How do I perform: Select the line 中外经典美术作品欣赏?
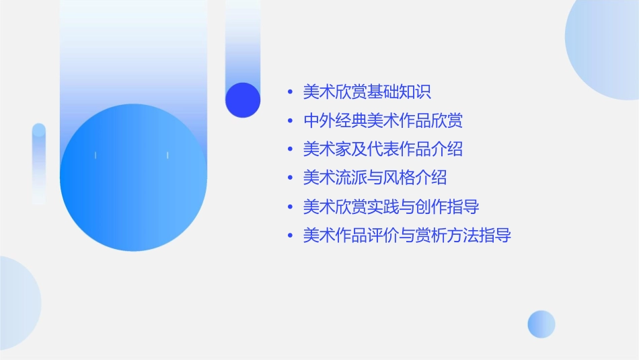click(x=383, y=120)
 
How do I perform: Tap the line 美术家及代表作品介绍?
click(x=383, y=149)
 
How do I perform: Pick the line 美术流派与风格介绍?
click(x=375, y=178)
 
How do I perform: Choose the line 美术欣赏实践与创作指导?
click(x=391, y=207)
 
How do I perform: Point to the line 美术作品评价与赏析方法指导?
click(x=407, y=236)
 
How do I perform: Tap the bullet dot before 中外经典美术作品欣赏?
click(x=290, y=121)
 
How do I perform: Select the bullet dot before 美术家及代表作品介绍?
click(x=290, y=149)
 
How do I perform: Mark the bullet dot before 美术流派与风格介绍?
click(x=290, y=178)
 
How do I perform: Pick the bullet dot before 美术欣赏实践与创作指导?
click(x=290, y=207)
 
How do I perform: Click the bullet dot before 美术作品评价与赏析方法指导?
click(x=290, y=236)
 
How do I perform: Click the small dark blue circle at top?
click(x=243, y=100)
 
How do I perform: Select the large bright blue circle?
click(x=133, y=178)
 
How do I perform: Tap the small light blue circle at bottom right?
click(x=541, y=324)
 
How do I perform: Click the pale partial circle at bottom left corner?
click(x=17, y=303)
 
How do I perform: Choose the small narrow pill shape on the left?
click(x=39, y=164)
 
